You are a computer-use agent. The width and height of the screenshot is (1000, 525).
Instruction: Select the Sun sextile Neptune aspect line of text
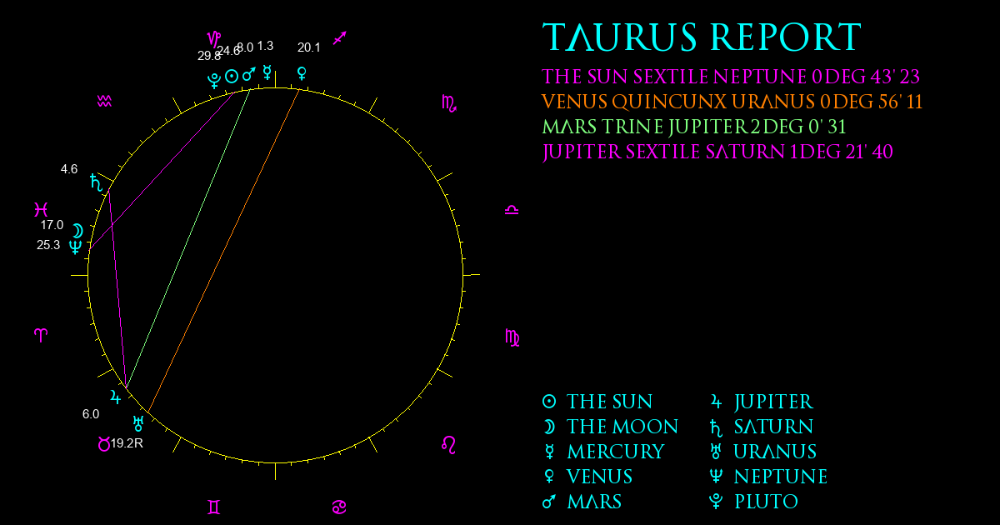click(x=731, y=77)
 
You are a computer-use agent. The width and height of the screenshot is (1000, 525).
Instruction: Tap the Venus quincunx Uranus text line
click(x=732, y=102)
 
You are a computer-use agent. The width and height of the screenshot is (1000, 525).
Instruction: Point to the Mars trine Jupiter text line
click(x=693, y=127)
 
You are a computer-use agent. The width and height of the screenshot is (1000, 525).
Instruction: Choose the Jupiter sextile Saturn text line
click(x=717, y=152)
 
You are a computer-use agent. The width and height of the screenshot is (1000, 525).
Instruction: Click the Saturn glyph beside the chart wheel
click(x=96, y=182)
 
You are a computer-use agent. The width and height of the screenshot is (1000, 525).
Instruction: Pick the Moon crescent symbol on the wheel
click(x=78, y=232)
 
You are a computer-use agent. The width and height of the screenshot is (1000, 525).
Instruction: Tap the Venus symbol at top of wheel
click(x=302, y=73)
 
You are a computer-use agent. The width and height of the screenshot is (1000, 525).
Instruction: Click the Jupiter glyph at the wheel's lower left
click(x=116, y=397)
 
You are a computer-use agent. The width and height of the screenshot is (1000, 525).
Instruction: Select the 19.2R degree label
click(x=127, y=443)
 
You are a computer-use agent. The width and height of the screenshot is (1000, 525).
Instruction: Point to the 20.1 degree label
click(x=309, y=47)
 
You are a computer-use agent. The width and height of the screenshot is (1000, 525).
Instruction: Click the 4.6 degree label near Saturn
click(x=69, y=169)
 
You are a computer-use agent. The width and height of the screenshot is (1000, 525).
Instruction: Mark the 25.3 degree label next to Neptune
click(x=48, y=245)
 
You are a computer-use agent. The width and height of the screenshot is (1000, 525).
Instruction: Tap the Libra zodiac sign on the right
click(x=512, y=210)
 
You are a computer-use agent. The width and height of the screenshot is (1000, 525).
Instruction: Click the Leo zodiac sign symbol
click(x=448, y=445)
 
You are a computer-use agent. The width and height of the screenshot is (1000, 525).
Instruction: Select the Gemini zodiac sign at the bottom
click(x=214, y=507)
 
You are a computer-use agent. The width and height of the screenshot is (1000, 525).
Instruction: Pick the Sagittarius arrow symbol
click(x=340, y=38)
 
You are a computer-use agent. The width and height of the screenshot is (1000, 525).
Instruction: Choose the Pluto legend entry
click(x=753, y=502)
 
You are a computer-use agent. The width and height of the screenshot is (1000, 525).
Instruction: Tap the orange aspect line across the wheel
click(x=223, y=251)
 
